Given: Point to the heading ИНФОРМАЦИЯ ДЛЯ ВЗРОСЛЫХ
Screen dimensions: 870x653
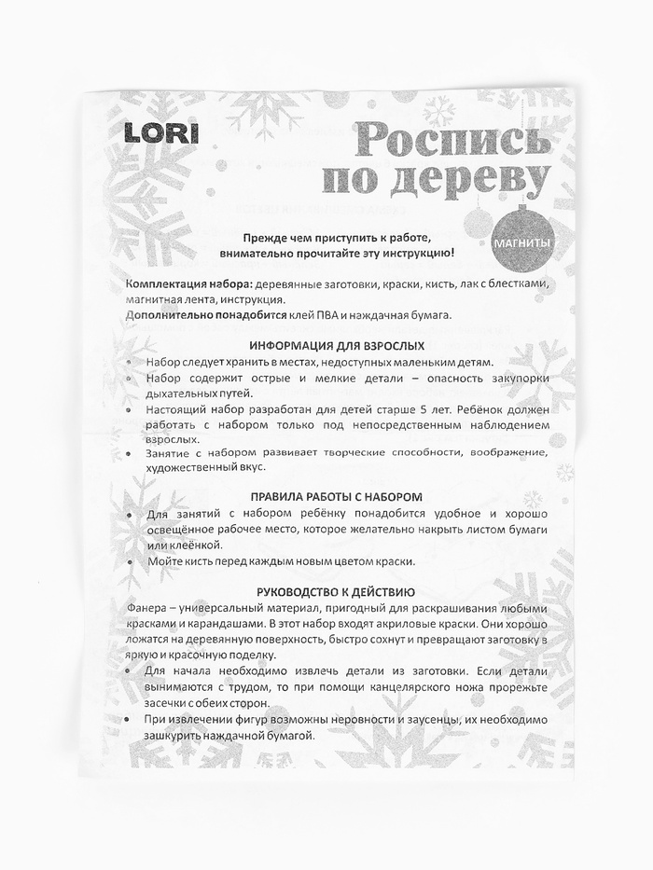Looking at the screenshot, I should tap(336, 344).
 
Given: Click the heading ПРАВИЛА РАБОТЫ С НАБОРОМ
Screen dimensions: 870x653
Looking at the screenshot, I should tap(336, 497).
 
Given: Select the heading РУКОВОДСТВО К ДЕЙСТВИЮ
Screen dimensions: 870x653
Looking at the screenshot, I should tap(336, 592).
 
